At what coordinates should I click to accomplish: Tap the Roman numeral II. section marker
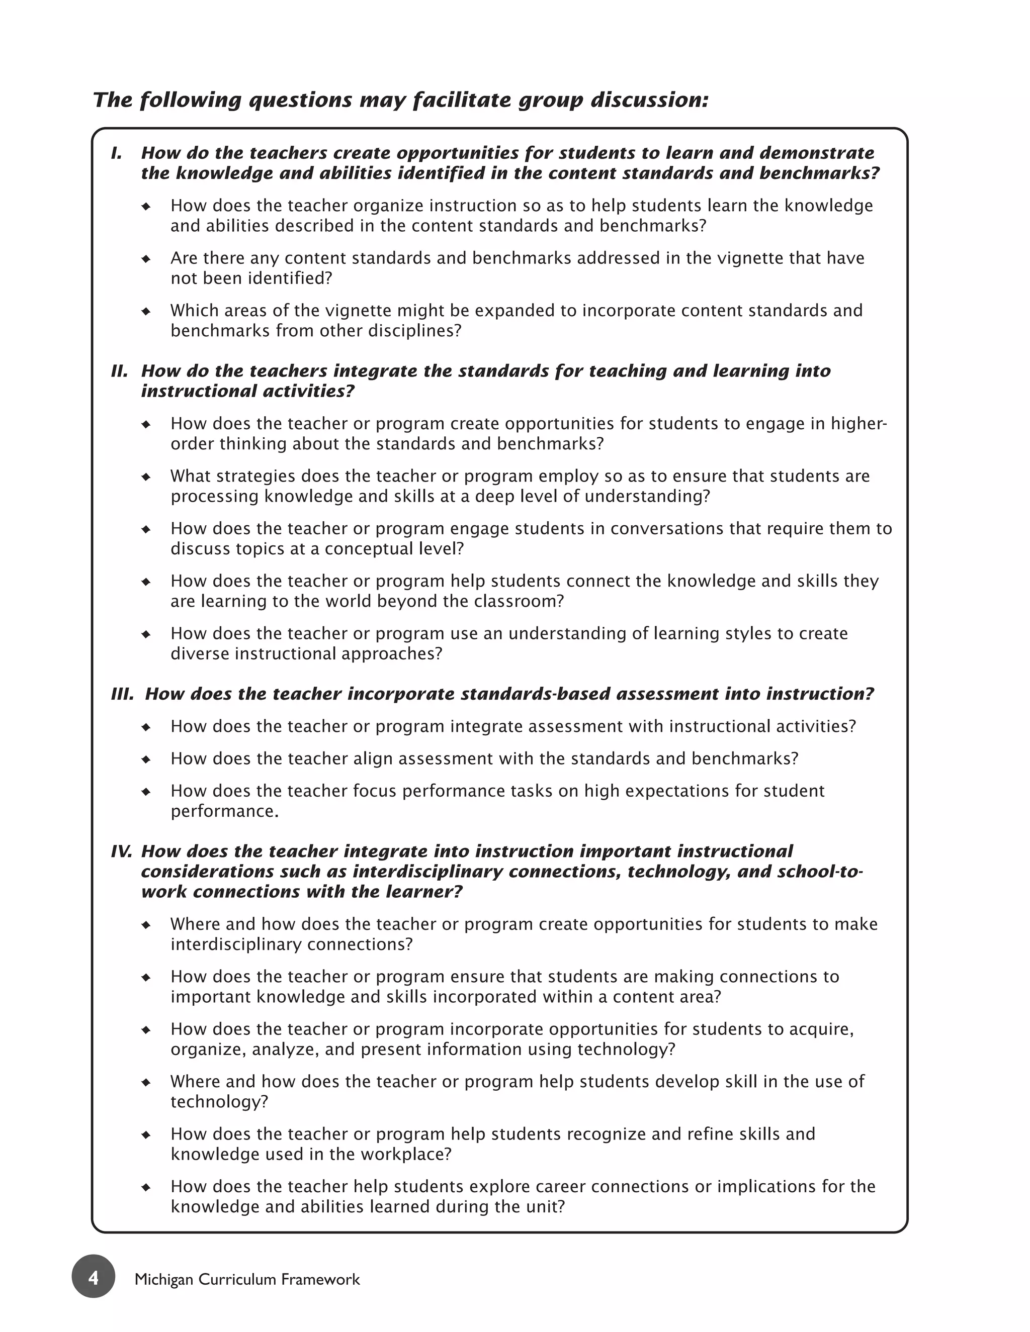[x=119, y=371]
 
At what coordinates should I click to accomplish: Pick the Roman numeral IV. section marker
[x=121, y=851]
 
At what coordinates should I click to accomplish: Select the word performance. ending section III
[x=224, y=812]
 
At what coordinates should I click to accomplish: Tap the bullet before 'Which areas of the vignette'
[x=146, y=311]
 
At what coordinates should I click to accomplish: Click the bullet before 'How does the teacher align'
[x=146, y=759]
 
